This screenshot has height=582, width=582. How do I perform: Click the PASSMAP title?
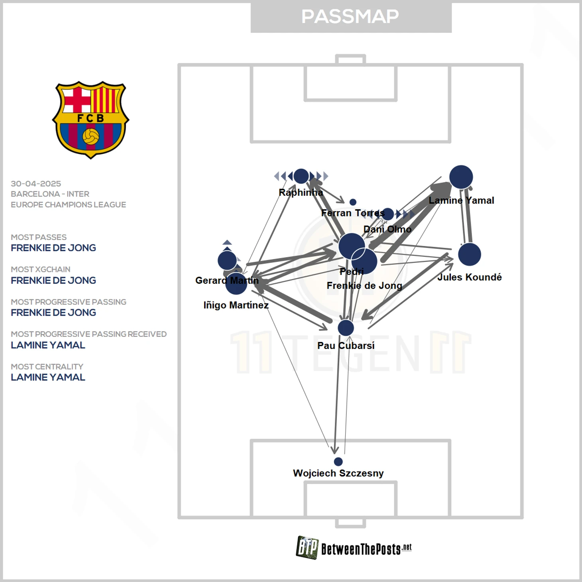coord(350,16)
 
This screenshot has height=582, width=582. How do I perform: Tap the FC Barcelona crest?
coord(90,120)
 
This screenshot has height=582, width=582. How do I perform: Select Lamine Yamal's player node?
coord(461,177)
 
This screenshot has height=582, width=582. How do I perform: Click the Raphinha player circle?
coord(301,176)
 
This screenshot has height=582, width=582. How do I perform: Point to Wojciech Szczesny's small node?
coord(338,462)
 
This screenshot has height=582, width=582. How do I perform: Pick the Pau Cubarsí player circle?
coord(346,328)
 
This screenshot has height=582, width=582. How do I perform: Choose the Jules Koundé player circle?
coord(469,255)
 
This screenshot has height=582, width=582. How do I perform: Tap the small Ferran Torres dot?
coord(353,202)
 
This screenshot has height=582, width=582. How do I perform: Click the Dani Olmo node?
coord(388,214)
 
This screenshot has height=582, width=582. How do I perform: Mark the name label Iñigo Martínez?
coord(236,305)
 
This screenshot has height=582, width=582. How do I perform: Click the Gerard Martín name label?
coord(227,280)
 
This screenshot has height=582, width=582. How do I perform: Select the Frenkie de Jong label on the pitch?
coord(364,285)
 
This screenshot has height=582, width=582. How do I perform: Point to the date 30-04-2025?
coord(36,184)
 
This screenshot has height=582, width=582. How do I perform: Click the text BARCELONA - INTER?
coord(50,194)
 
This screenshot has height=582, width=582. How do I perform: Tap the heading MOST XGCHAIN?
coord(41,269)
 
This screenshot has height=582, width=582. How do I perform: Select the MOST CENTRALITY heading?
coord(47,366)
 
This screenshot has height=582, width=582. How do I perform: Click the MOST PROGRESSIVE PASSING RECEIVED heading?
coord(89,334)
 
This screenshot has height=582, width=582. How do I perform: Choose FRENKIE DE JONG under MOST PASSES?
coord(53,248)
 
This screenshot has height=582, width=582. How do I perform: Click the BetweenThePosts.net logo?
coord(354,548)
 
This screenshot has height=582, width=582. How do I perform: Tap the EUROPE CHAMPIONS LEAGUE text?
coord(69,204)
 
